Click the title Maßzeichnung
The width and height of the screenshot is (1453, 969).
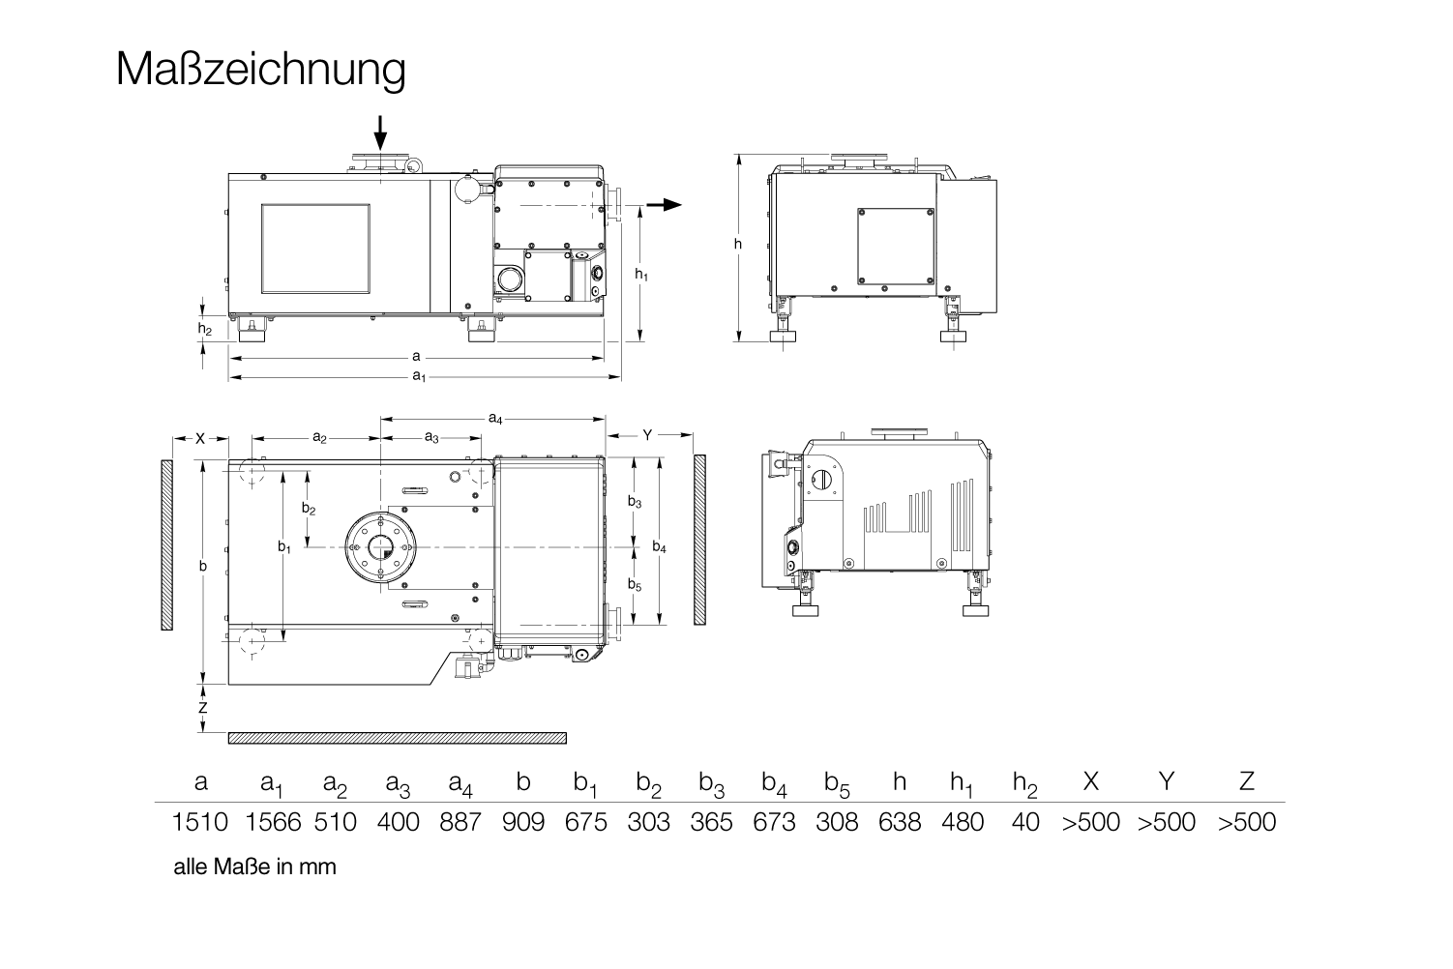point(260,70)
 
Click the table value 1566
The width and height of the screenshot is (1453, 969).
point(273,823)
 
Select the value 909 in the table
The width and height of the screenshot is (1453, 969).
point(523,823)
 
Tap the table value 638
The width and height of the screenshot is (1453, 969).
point(899,823)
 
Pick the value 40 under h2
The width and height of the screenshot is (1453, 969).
point(1025,823)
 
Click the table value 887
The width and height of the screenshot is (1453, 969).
point(460,823)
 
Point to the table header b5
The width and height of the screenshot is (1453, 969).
point(838,784)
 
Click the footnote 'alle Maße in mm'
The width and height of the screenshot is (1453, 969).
point(255,866)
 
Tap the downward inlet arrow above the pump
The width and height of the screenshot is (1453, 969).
point(380,132)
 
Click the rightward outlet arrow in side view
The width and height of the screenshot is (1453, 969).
point(664,205)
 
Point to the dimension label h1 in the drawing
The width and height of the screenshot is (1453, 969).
point(641,275)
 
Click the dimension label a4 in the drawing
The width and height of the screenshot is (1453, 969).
point(494,419)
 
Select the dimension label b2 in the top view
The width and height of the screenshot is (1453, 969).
point(309,509)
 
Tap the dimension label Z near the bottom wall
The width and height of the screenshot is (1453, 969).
point(203,707)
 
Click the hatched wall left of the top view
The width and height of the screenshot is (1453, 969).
point(167,545)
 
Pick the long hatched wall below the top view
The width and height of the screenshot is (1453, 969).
point(397,738)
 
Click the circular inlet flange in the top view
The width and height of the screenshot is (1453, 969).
point(379,547)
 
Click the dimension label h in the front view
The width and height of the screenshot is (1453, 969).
point(738,245)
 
